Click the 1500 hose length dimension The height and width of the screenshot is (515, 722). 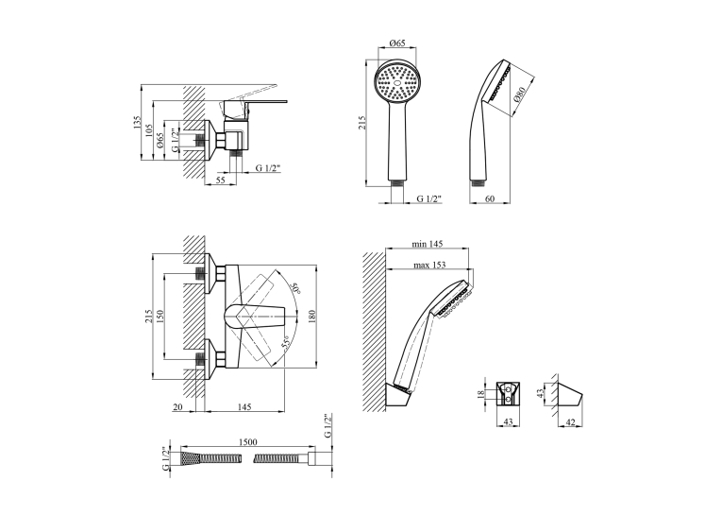247,442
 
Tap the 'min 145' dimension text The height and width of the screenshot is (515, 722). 427,244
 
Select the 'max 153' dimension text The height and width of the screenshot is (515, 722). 429,266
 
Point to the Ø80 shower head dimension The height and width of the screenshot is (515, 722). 520,94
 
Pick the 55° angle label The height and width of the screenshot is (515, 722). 285,344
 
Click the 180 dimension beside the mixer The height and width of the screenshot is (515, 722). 311,316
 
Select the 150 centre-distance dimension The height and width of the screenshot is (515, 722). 160,317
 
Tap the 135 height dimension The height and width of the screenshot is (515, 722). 137,123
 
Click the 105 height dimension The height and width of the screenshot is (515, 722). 149,130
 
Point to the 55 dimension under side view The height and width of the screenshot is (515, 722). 221,180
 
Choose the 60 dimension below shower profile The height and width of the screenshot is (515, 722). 490,198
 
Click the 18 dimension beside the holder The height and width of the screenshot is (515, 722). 481,394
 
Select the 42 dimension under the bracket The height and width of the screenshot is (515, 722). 570,421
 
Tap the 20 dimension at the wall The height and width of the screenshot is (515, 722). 177,406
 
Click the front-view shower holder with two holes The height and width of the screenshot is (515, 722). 508,394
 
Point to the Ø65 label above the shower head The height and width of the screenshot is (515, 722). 397,43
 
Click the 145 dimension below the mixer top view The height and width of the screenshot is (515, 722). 244,406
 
